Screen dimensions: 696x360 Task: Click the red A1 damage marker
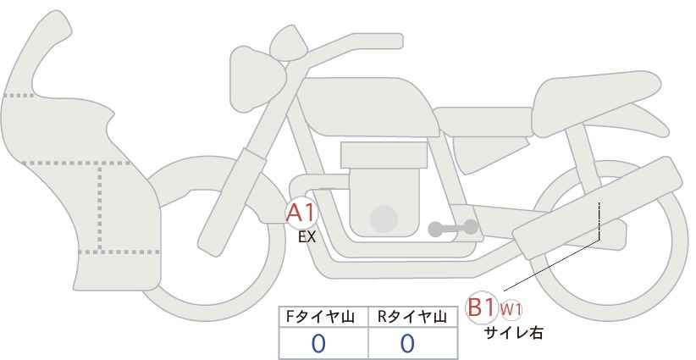[301, 213]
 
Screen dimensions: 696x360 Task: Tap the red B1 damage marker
[481, 307]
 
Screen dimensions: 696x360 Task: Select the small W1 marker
[511, 309]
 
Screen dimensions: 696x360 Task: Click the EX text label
[307, 237]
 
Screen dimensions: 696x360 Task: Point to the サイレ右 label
[513, 333]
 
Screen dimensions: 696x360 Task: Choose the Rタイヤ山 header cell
[413, 317]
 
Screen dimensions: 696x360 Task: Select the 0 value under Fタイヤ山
[318, 343]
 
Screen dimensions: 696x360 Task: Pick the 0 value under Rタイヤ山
[407, 343]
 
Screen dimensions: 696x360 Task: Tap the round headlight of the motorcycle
[257, 79]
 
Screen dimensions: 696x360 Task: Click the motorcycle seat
[594, 103]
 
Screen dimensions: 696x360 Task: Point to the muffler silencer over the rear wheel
[597, 208]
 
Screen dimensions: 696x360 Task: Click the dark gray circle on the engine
[384, 219]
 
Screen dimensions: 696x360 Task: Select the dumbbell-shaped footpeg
[453, 228]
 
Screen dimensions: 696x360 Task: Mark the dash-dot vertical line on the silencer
[599, 220]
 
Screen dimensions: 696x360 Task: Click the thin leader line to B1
[552, 265]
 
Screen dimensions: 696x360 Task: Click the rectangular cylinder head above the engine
[384, 155]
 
